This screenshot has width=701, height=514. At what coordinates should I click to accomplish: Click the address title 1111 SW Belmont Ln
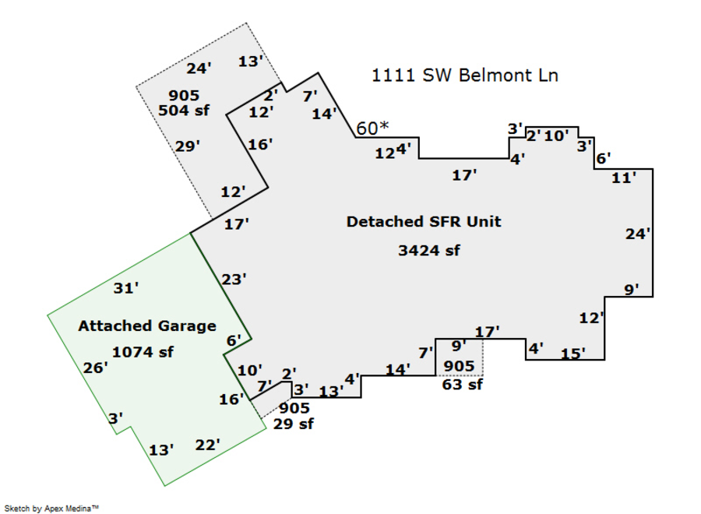point(465,76)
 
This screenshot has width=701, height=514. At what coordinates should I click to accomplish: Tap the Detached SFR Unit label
point(424,222)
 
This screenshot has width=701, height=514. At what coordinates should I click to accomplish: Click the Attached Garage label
point(146,326)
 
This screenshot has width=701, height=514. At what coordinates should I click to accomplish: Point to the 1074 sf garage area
point(143,352)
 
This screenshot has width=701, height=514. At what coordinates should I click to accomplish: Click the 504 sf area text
point(184,111)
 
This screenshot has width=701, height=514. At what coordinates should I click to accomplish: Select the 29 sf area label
point(294,424)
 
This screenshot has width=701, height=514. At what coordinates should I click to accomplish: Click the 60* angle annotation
point(372,128)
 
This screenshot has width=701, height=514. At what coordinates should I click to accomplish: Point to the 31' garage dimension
point(126,288)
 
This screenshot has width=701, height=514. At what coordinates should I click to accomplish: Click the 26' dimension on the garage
point(95,368)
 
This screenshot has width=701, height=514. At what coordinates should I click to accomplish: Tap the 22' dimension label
point(207,445)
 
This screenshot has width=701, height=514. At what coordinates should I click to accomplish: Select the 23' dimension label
point(234,278)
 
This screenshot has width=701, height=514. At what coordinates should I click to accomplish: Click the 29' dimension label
point(188,146)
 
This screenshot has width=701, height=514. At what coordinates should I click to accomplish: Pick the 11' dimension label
point(624,178)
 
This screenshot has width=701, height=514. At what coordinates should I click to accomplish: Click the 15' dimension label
point(572,354)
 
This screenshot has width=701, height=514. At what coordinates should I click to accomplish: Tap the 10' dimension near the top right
point(556,136)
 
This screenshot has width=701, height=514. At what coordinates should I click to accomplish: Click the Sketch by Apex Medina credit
point(55,508)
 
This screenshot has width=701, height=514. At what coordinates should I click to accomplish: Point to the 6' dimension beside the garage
point(234,340)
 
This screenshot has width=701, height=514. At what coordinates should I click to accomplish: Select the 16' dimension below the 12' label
point(259,144)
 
